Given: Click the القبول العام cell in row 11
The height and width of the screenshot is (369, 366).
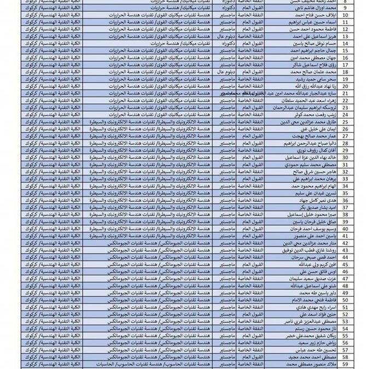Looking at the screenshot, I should click(251, 30).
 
